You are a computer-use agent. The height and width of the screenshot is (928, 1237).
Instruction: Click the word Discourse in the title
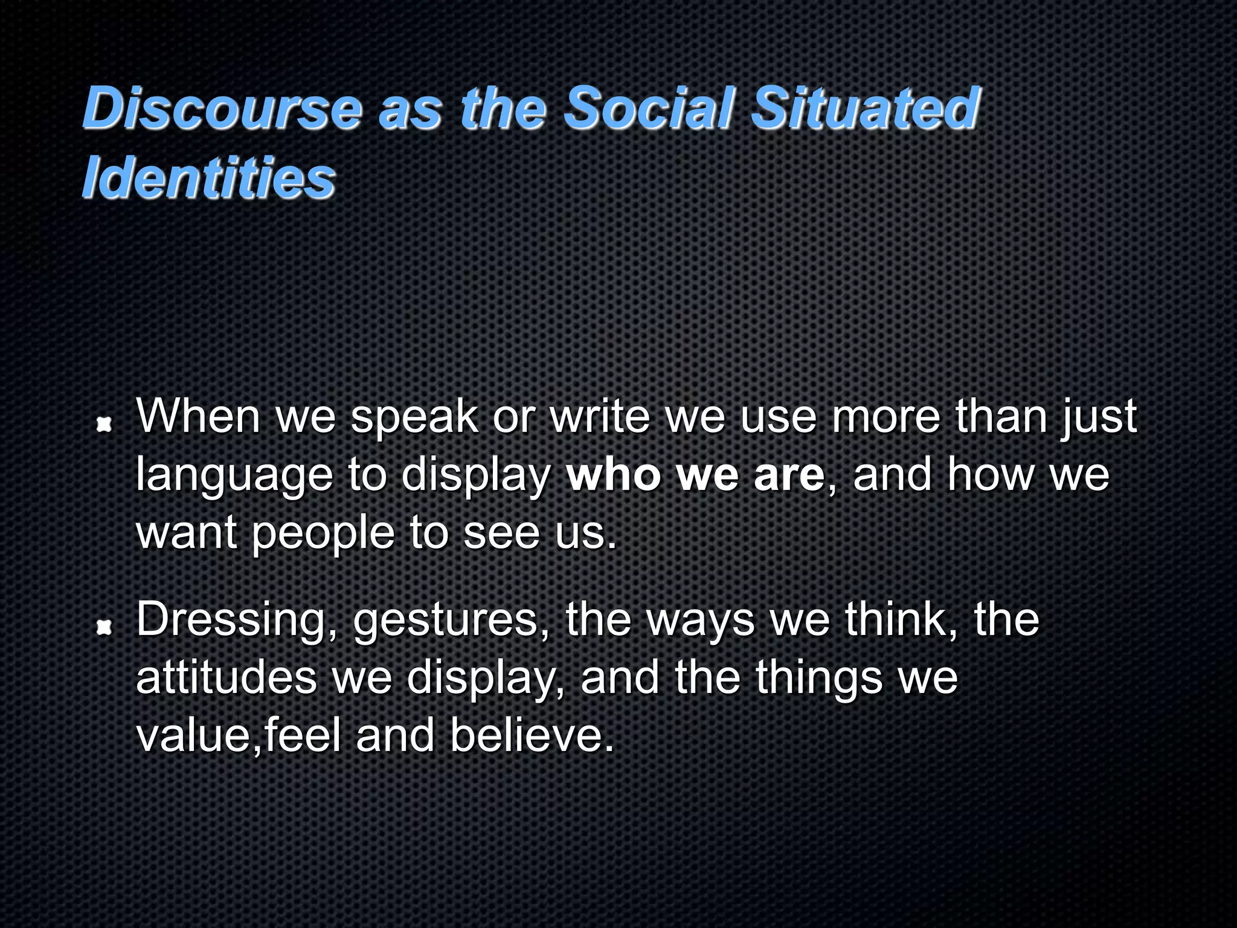(222, 109)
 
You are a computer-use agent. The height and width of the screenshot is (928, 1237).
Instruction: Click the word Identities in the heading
(208, 179)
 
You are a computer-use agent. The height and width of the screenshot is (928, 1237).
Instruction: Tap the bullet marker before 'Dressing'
(104, 628)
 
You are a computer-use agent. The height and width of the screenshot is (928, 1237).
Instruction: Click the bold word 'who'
(614, 475)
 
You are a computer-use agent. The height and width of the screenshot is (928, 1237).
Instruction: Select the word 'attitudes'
(227, 678)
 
